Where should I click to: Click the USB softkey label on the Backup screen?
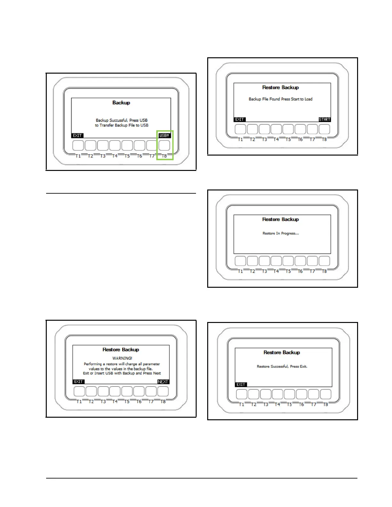pos(164,135)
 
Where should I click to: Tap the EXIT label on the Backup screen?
pos(77,135)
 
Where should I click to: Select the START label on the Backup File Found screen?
pos(324,119)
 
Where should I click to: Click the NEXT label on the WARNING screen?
pos(163,382)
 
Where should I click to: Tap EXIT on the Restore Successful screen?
pos(241,384)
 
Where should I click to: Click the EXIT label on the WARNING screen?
pos(78,382)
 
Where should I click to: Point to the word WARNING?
pos(122,358)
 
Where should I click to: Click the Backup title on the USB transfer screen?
pos(121,103)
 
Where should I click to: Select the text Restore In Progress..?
pos(281,233)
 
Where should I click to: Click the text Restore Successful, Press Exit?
pos(282,366)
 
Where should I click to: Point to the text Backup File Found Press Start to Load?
pos(281,99)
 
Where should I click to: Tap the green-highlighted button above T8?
pos(164,145)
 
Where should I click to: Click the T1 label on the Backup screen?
pos(78,156)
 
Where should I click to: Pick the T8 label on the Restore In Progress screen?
pos(324,271)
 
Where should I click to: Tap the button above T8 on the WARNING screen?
pos(163,391)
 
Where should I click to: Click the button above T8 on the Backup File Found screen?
pos(324,129)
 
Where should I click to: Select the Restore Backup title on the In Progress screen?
pos(281,219)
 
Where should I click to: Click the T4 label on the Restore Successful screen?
pos(277,404)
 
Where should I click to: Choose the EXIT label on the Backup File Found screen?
pos(240,119)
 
